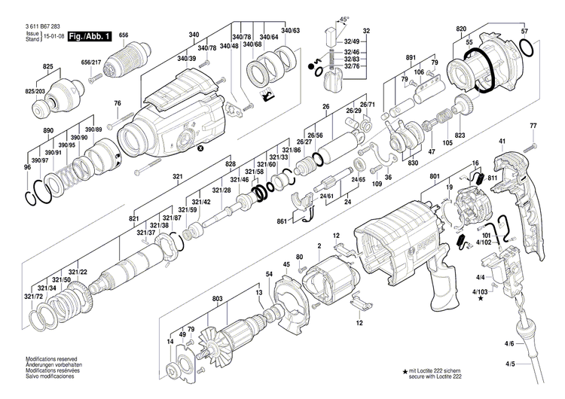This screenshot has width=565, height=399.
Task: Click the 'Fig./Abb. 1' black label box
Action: [x=90, y=36]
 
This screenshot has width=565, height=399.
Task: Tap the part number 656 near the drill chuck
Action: [x=124, y=35]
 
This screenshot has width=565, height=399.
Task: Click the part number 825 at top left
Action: [x=47, y=67]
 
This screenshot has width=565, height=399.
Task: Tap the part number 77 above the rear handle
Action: [x=533, y=125]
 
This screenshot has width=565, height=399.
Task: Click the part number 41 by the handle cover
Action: [x=502, y=142]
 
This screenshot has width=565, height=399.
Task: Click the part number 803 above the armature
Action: [x=218, y=299]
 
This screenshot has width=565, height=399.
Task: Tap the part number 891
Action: [x=411, y=58]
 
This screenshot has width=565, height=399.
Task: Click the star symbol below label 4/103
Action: [x=481, y=298]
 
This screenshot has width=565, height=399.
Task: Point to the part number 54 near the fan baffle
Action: [x=269, y=273]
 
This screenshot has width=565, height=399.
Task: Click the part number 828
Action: [x=231, y=163]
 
